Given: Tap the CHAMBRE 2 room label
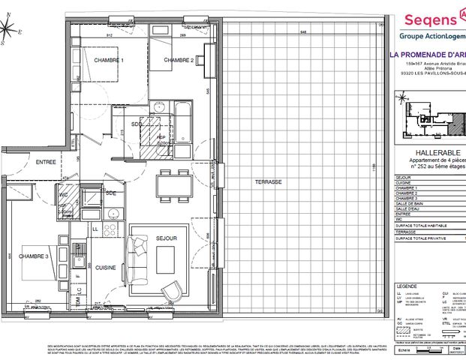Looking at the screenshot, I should [x=179, y=60].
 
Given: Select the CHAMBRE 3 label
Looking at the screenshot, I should [x=34, y=256].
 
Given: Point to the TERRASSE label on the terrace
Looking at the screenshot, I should [x=267, y=182].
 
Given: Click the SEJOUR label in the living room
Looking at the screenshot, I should [x=166, y=238].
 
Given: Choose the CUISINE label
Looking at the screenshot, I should [x=106, y=268].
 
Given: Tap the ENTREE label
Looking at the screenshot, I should [x=26, y=161].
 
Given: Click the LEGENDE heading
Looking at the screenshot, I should [x=407, y=286].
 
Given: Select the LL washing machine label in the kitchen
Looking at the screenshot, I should [x=95, y=228].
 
